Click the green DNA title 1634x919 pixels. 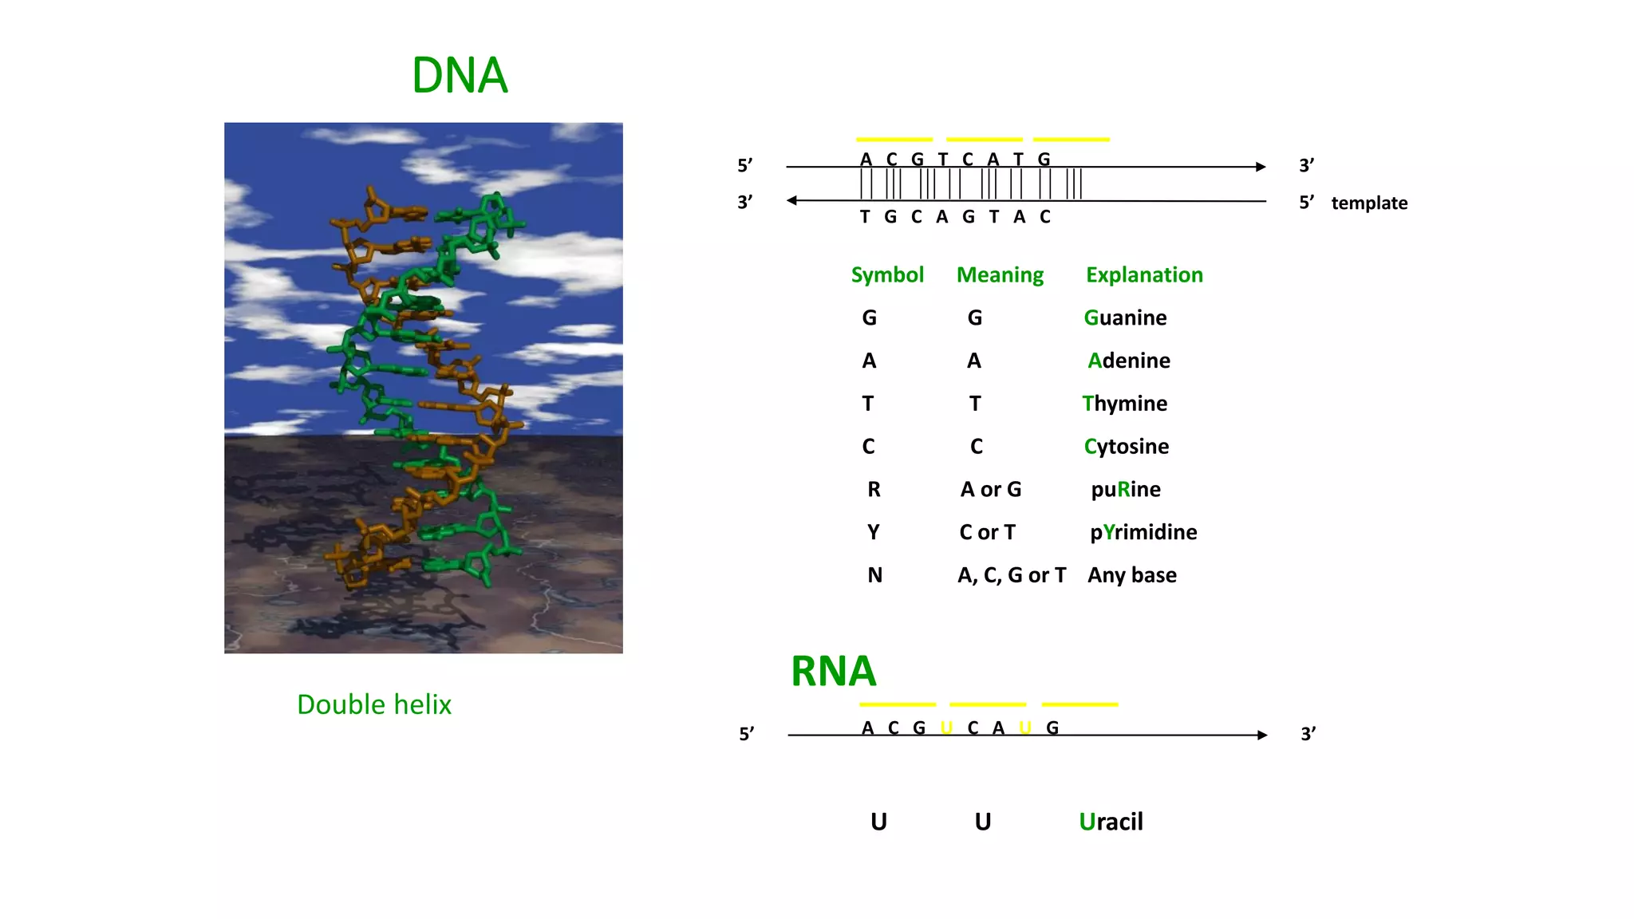click(x=460, y=76)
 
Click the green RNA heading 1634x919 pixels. click(x=833, y=671)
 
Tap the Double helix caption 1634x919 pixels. click(x=373, y=704)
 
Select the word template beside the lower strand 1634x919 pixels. click(x=1369, y=203)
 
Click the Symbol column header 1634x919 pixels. click(x=887, y=275)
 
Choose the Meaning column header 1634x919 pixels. click(x=1000, y=275)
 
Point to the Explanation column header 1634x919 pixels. click(x=1144, y=275)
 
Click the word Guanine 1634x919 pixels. click(x=1125, y=318)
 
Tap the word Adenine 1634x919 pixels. click(x=1129, y=361)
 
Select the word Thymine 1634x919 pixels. click(x=1124, y=404)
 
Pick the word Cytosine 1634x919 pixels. click(x=1126, y=447)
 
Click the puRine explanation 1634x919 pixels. click(x=1126, y=489)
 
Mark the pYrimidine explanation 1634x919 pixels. click(x=1143, y=532)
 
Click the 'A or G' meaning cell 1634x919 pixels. click(x=991, y=489)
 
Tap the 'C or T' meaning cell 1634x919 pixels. click(x=988, y=532)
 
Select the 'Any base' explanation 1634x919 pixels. click(x=1132, y=575)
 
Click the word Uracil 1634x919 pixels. click(x=1111, y=822)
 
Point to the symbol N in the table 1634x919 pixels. click(x=875, y=575)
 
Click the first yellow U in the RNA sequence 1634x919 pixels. click(x=946, y=728)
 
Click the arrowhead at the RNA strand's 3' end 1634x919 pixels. click(x=1262, y=735)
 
